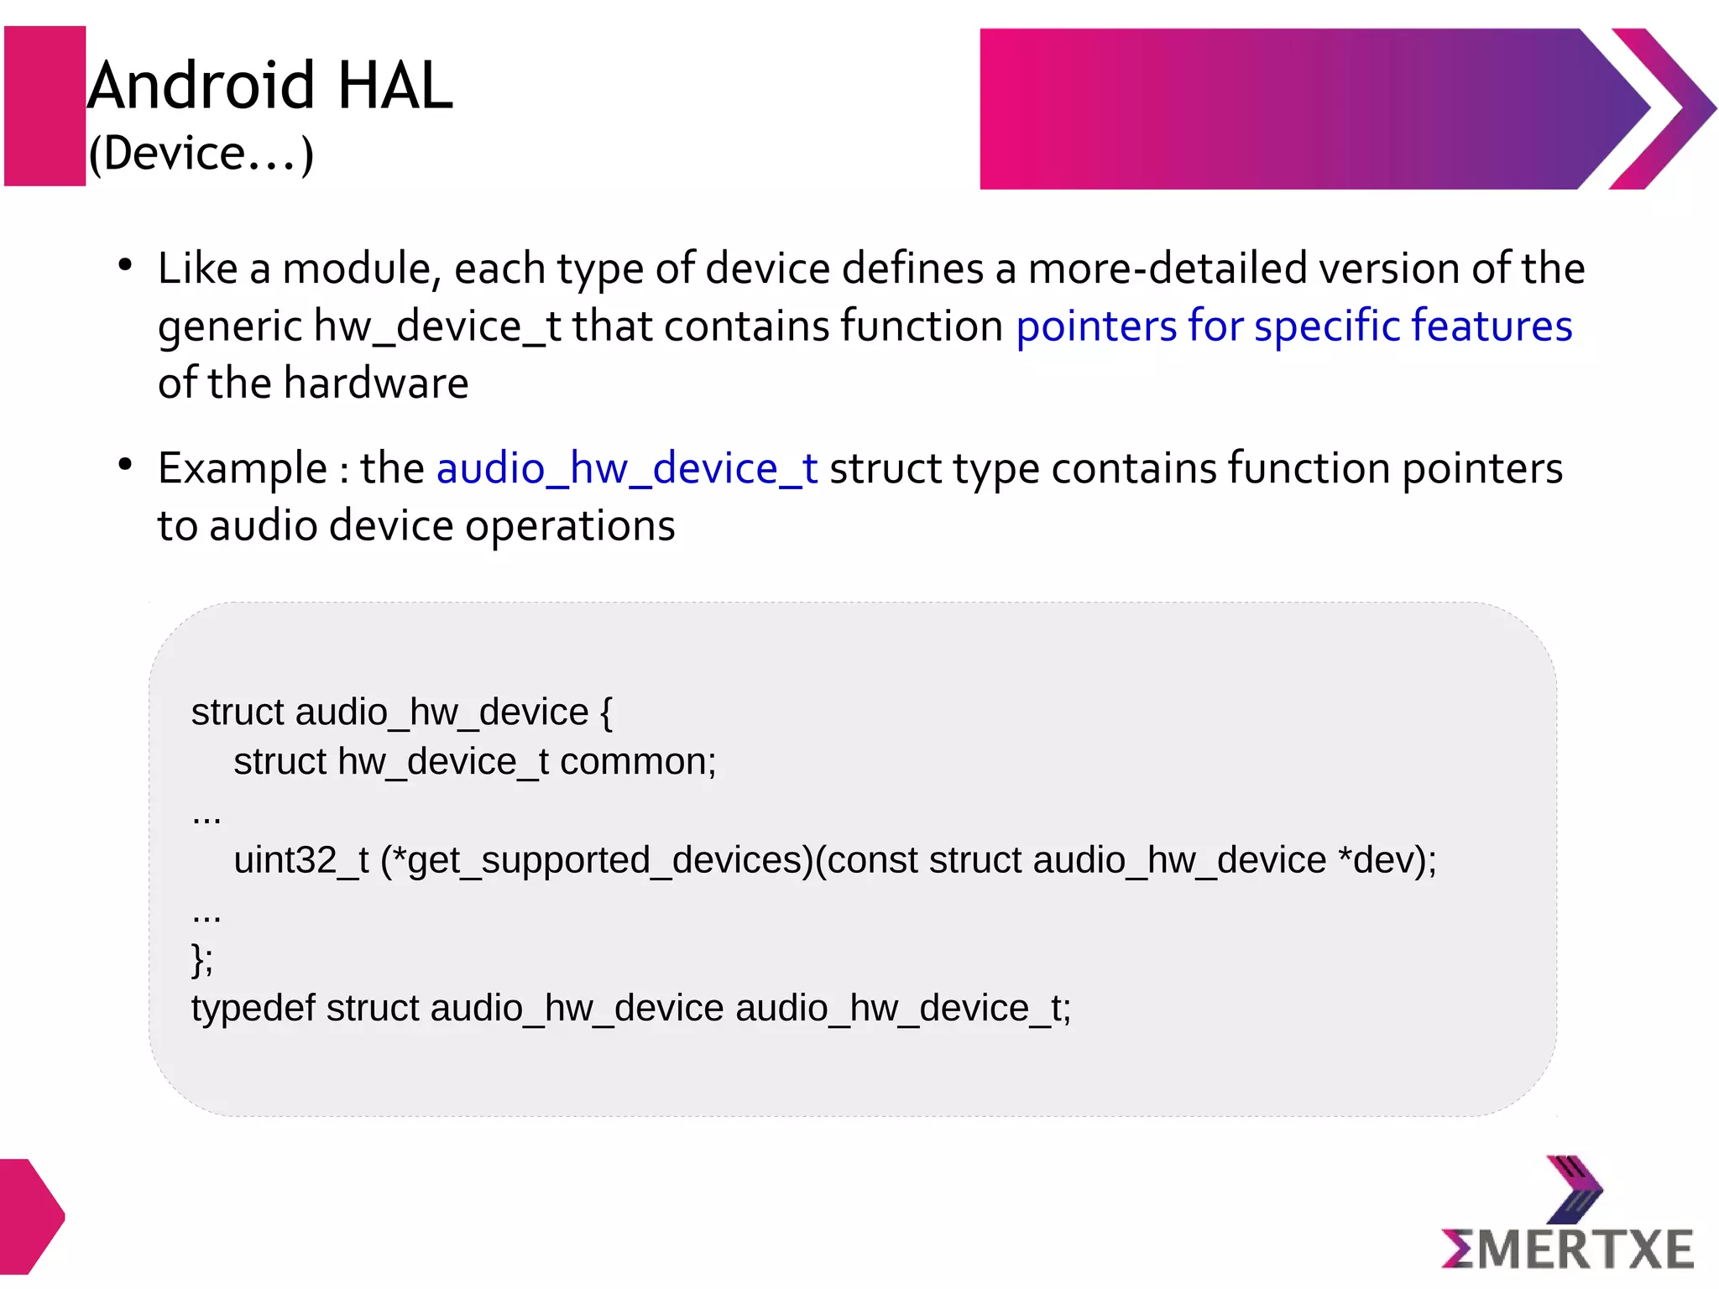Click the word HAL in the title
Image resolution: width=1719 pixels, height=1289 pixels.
pyautogui.click(x=394, y=86)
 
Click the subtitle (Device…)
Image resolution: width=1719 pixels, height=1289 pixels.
pyautogui.click(x=201, y=154)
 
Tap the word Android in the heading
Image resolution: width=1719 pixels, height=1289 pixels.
pyautogui.click(x=201, y=86)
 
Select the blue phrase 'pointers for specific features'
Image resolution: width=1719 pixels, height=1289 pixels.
pyautogui.click(x=1293, y=326)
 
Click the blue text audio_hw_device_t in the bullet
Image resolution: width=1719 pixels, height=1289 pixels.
pyautogui.click(x=626, y=468)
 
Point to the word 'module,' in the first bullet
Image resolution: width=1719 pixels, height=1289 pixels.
pyautogui.click(x=362, y=269)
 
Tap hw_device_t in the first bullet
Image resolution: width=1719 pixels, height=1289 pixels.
pyautogui.click(x=437, y=326)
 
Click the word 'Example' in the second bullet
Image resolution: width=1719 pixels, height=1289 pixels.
pyautogui.click(x=242, y=468)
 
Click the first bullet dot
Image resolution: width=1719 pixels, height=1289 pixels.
pyautogui.click(x=126, y=266)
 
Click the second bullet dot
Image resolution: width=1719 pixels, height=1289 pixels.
pyautogui.click(x=126, y=465)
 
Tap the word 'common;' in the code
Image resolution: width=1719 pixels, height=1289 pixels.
pyautogui.click(x=638, y=762)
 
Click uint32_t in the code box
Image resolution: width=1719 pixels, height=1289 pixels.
pyautogui.click(x=300, y=860)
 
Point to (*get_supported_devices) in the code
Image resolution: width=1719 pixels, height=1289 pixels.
pyautogui.click(x=597, y=860)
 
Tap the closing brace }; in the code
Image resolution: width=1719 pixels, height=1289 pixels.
pyautogui.click(x=202, y=959)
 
